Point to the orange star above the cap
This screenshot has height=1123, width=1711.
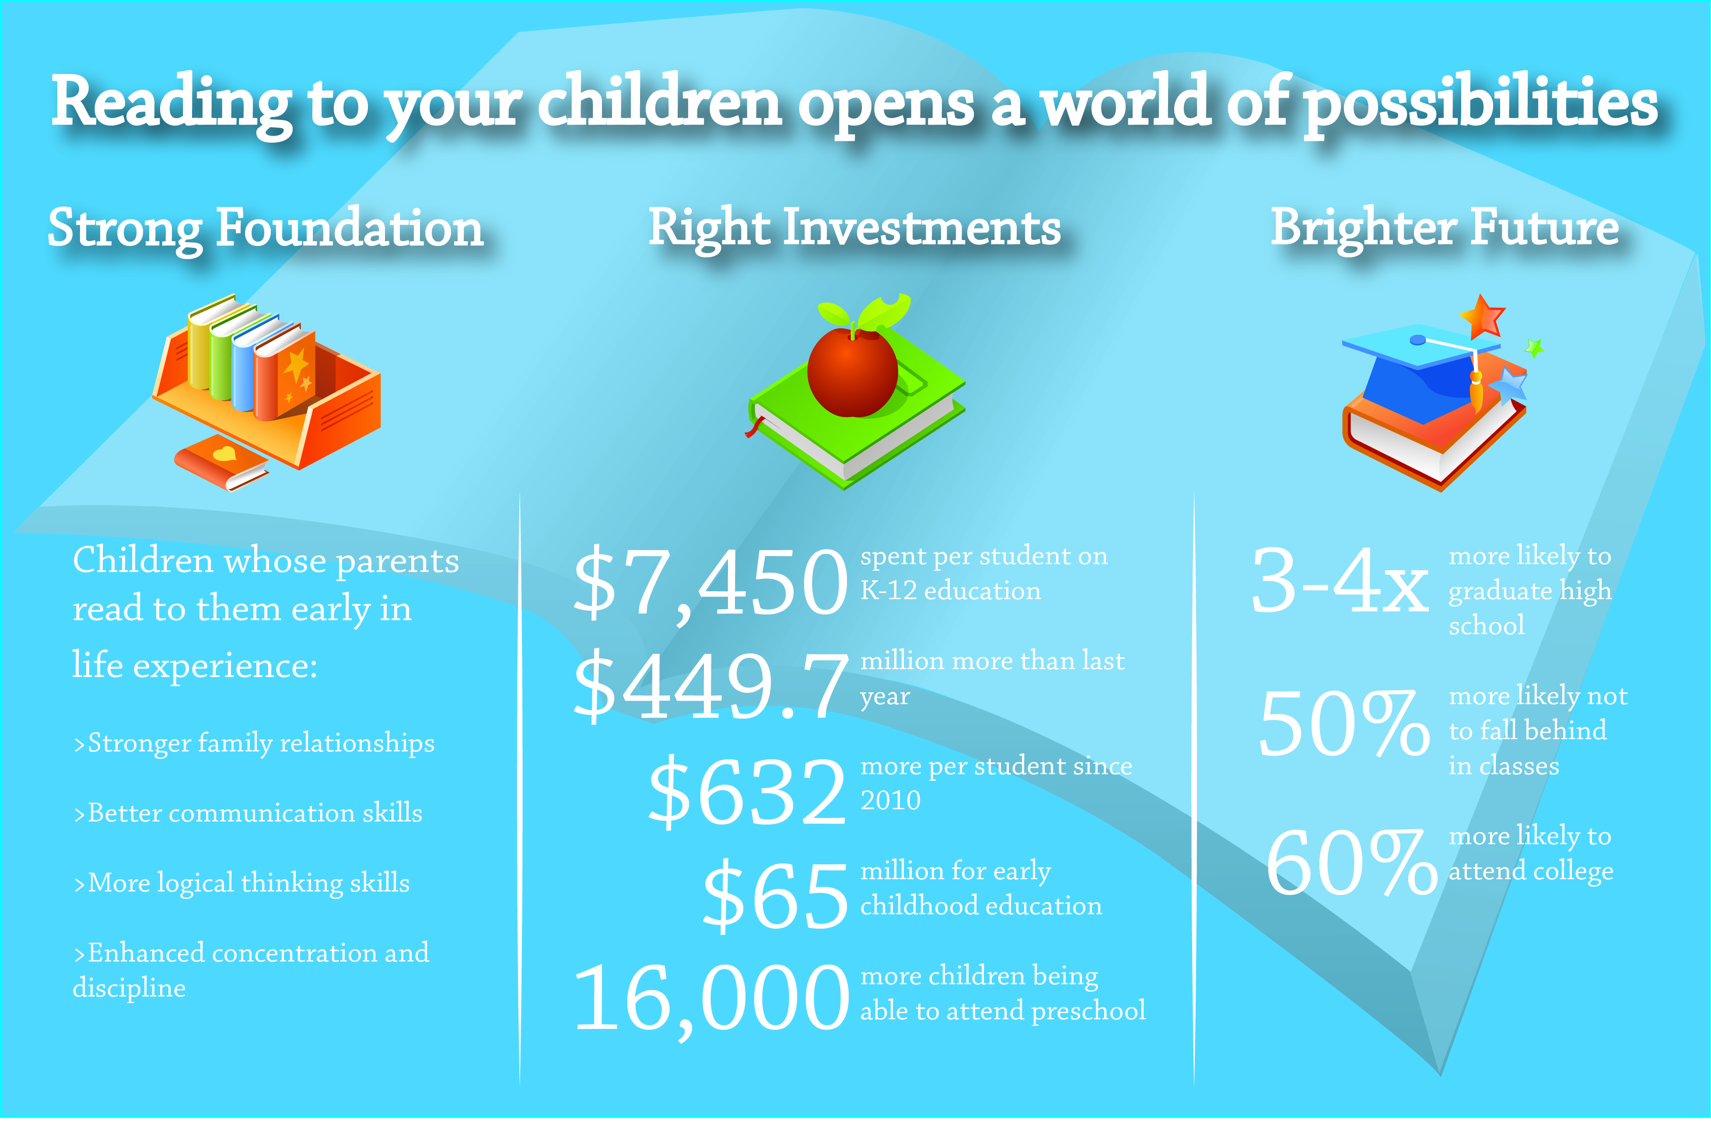pos(1482,316)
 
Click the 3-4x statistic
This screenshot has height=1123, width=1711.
pos(1339,580)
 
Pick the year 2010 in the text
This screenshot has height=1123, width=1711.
pos(891,800)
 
